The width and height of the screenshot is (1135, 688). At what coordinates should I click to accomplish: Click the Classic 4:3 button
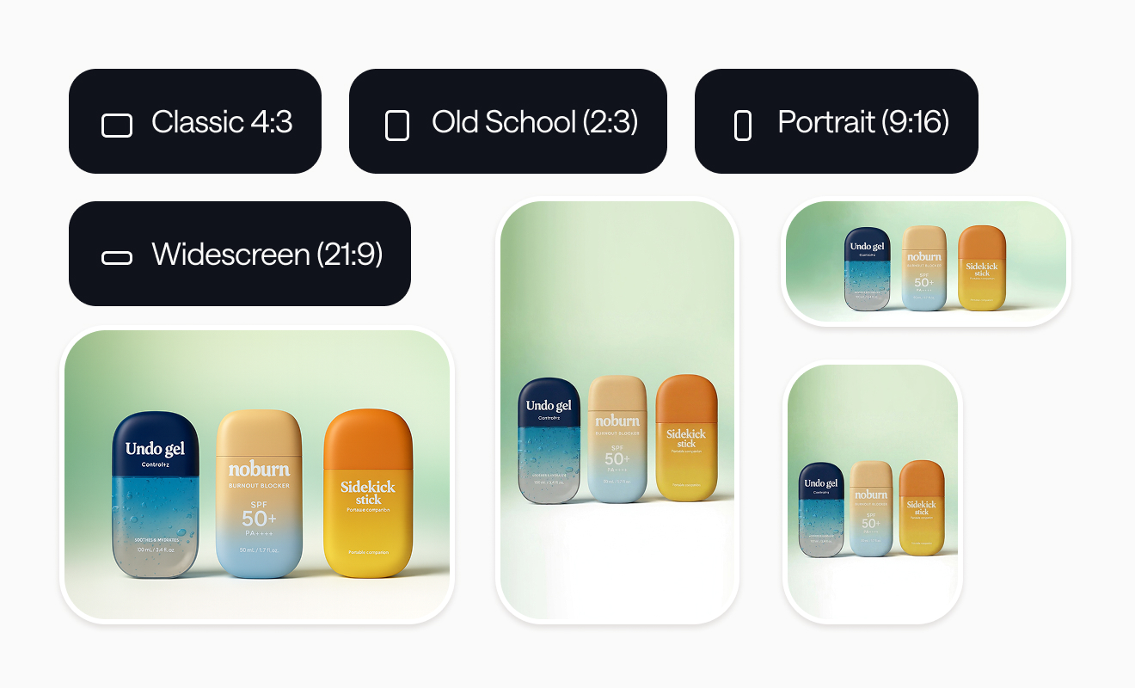coord(195,121)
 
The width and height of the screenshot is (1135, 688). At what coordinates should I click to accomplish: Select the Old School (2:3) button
coord(507,121)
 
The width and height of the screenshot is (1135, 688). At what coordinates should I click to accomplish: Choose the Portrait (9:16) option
coord(836,121)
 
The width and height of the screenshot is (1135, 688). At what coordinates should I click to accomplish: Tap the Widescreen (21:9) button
coord(239,254)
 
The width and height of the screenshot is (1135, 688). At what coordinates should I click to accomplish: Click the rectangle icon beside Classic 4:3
coord(117,126)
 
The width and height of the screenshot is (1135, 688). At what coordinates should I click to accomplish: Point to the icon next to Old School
coord(396,126)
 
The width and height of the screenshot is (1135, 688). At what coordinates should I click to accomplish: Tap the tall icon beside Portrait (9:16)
coord(743,126)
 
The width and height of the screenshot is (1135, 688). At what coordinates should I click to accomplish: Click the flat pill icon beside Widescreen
coord(117,257)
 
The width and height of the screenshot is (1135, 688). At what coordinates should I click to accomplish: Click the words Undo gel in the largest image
coord(155,448)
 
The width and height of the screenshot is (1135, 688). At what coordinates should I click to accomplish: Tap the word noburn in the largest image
coord(259,470)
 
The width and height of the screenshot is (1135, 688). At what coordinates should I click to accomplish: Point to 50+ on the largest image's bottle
coord(259,519)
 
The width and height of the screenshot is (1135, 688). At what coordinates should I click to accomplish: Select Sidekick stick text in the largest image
coord(368,492)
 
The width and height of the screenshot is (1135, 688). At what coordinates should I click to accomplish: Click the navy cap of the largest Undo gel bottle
coord(156,434)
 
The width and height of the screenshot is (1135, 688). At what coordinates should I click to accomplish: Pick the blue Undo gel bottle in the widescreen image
coord(867,268)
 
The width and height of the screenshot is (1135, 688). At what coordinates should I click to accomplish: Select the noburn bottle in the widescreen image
coord(924,267)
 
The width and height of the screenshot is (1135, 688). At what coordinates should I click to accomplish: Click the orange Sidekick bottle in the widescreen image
coord(982,267)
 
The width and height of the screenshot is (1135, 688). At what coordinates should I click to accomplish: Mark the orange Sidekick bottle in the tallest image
coord(686,438)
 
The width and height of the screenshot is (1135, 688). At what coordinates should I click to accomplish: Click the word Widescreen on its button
coord(230,254)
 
